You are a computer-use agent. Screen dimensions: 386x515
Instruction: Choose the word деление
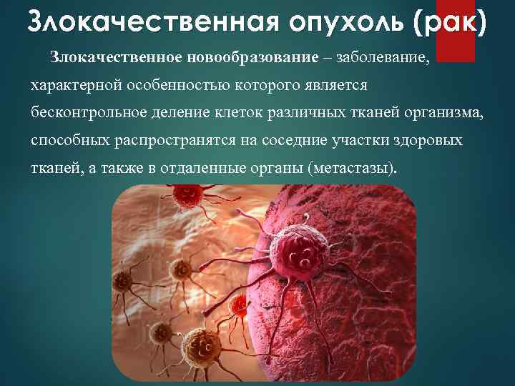click(189, 113)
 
